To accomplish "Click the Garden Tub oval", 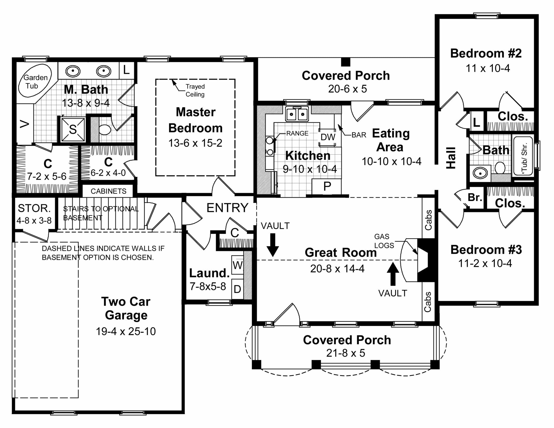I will pos(35,80).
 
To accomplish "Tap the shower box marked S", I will pos(73,129).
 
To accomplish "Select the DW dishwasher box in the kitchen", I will pos(328,137).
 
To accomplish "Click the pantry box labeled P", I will pos(327,187).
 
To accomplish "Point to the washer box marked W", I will pos(238,265).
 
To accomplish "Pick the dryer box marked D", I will pos(237,289).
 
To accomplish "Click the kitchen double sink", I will pos(297,114).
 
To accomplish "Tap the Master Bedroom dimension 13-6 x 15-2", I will pos(195,143).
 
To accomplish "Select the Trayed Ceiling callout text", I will pos(195,90).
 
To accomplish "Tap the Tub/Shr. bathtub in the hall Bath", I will pos(523,156).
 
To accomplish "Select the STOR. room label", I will pos(34,208).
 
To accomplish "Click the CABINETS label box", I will pos(108,191).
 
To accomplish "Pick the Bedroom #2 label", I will pos(486,53).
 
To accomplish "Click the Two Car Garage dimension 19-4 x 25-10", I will pos(126,331).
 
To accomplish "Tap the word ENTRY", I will pos(227,208).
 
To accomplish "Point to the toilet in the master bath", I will pos(105,130).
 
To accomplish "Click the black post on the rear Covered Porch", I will pos(345,62).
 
